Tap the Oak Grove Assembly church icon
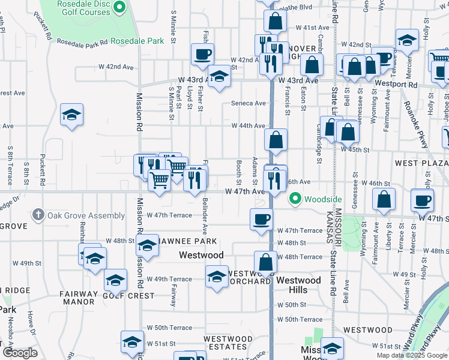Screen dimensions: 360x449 coord(38,215)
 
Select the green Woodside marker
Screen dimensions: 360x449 coord(295,199)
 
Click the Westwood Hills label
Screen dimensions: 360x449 coord(299,285)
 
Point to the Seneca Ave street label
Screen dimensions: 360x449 coord(249,103)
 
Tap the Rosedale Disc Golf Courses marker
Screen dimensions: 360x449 coord(119,8)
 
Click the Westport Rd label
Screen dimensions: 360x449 coord(396,85)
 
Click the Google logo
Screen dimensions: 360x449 coord(19,353)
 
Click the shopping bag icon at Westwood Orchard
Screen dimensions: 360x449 coord(265,262)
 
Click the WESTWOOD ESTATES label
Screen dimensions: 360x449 coord(228,343)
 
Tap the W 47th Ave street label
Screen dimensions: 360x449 coord(244,191)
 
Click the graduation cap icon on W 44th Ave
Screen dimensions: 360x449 coord(71,114)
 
